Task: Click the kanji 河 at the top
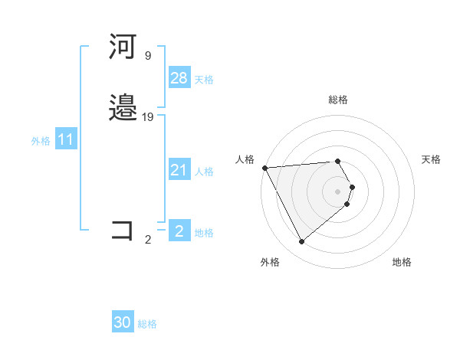123,47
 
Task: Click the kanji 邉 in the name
123,108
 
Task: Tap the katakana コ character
123,231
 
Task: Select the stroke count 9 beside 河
147,55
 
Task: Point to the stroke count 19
148,116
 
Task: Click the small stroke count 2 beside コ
147,239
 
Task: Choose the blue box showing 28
179,78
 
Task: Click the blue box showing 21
179,170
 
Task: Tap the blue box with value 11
66,139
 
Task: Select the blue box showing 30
123,322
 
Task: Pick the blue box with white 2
179,231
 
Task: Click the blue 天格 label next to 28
204,80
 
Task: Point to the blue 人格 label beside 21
204,172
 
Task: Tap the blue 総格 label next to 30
147,324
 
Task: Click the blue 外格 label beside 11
41,141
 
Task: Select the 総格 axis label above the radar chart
338,100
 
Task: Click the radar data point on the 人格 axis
264,168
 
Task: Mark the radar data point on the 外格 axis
302,241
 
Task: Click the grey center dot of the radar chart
338,191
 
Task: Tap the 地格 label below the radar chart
402,262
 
